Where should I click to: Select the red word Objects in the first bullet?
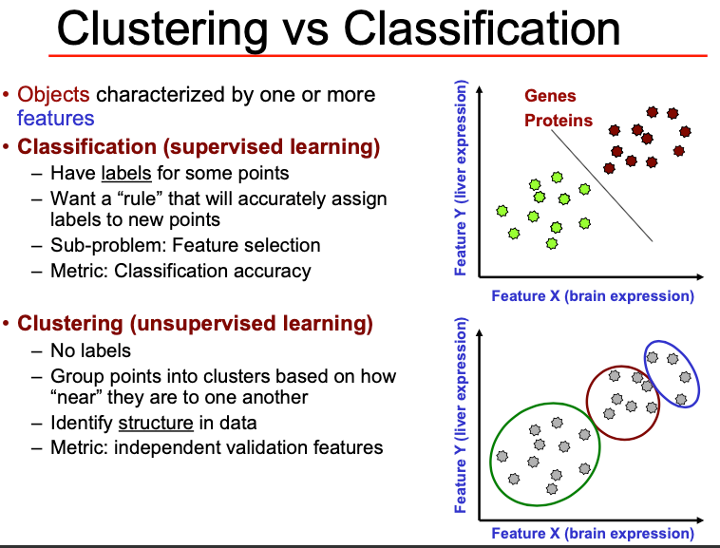tap(53, 95)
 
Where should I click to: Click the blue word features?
tap(56, 118)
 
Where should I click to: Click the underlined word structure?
tap(156, 423)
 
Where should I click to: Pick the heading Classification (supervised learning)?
tap(199, 147)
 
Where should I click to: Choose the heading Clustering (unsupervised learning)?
tap(195, 324)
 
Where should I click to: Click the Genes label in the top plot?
tap(550, 96)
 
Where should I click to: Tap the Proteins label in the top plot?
tap(559, 121)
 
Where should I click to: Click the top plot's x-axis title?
tap(592, 296)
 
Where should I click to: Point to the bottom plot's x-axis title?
tap(592, 534)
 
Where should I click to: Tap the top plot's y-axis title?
tap(461, 180)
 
